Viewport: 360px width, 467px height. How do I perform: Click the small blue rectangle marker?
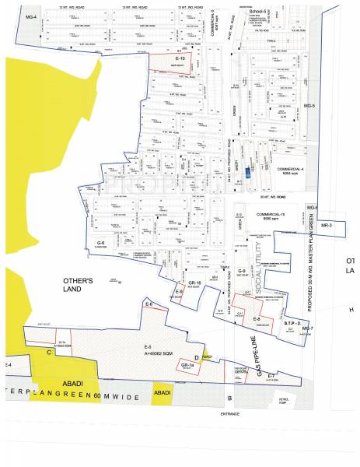[249, 173]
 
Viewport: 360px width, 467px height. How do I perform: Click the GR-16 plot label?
[194, 281]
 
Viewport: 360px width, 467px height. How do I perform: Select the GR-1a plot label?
[187, 365]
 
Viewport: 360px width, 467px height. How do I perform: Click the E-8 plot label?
[256, 319]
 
